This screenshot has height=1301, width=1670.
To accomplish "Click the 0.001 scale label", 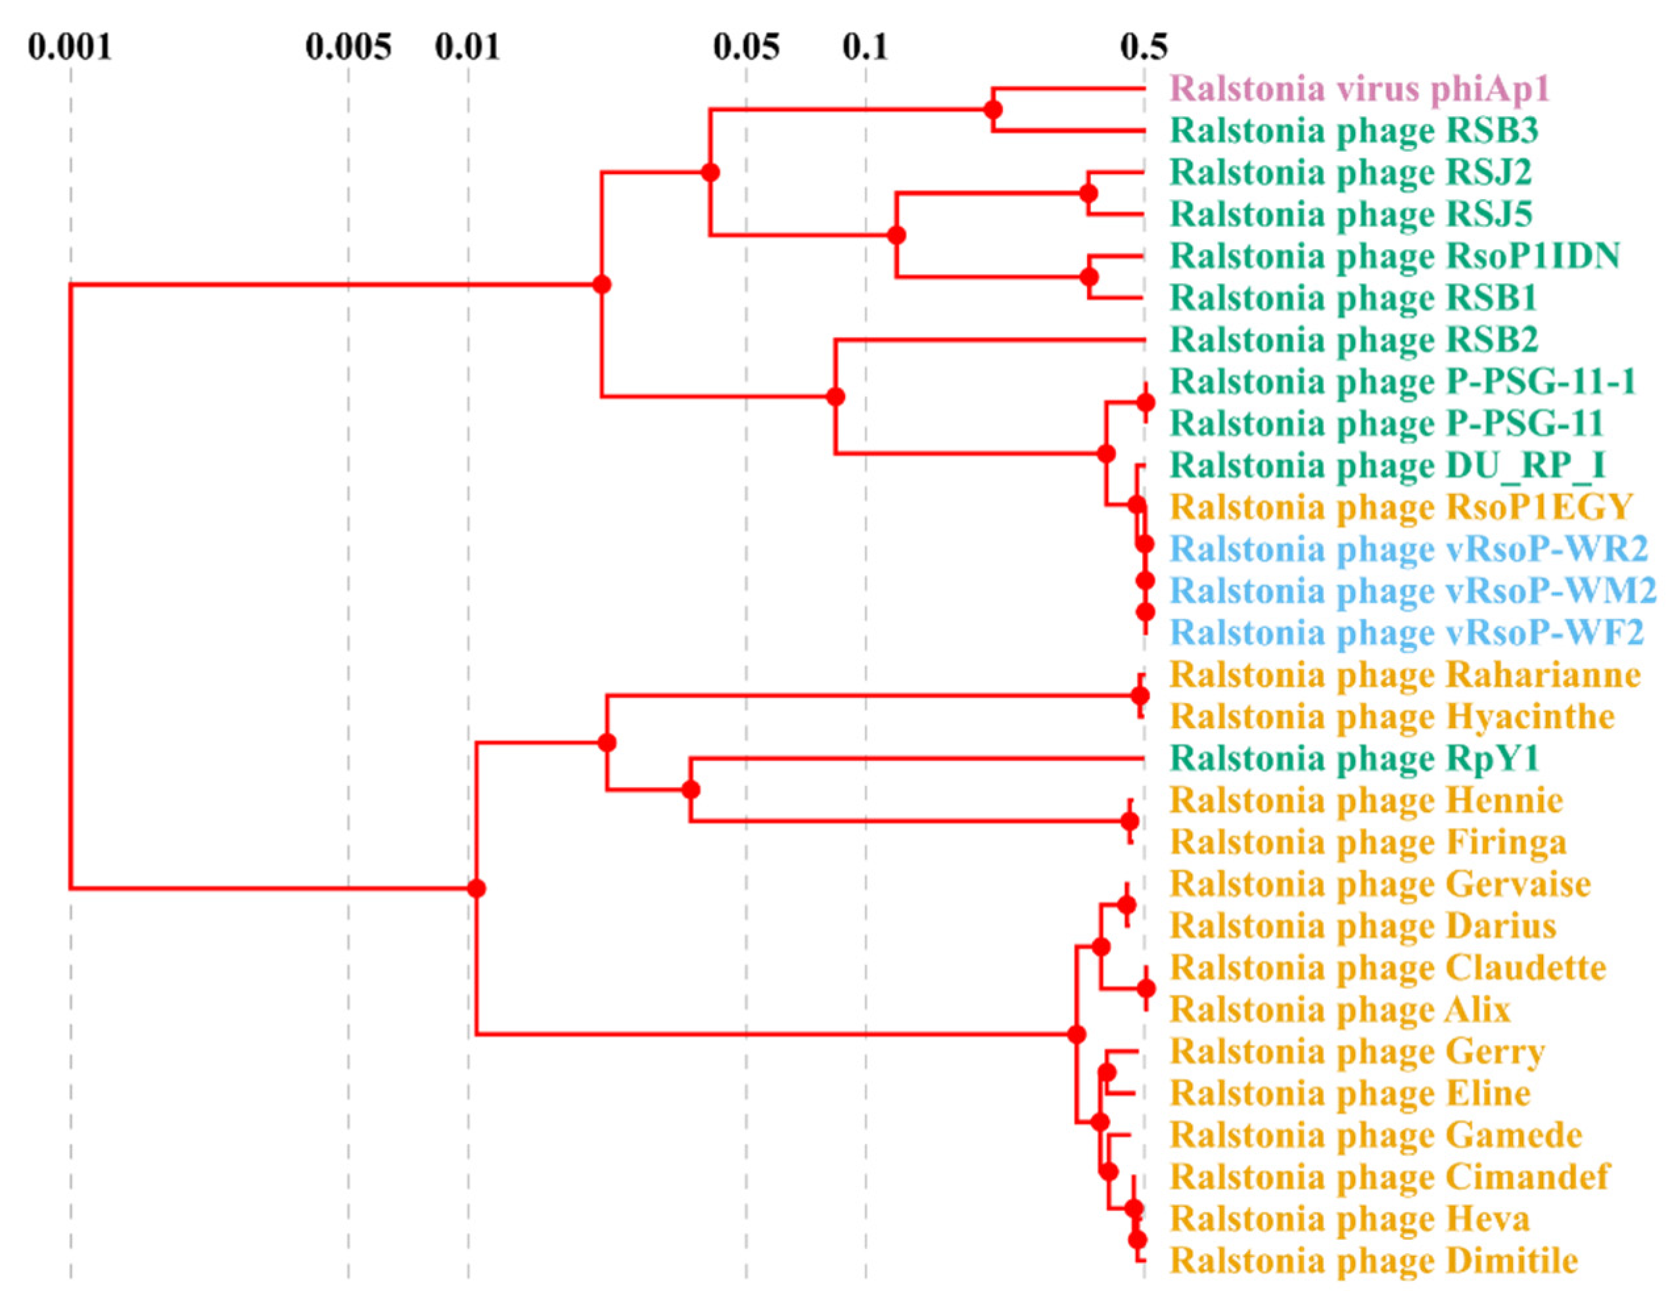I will coord(70,48).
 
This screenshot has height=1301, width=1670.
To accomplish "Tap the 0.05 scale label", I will coord(747,48).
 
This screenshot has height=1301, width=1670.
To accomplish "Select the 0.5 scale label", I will coord(1144,48).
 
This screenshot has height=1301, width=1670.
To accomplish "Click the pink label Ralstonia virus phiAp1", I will coord(1360,89).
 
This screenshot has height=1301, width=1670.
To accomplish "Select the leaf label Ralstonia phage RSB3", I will coord(1351,131).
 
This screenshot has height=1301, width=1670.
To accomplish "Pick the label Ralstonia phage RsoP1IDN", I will coord(1395,256).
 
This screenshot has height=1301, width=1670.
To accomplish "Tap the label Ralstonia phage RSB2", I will coord(1353,340).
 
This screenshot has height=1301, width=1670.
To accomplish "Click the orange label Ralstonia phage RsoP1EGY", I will coord(1401,507).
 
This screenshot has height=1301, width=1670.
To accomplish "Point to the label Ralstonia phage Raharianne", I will coord(1404,675).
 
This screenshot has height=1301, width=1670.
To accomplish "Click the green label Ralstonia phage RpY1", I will coord(1354,758).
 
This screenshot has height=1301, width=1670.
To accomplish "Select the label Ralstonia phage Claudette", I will coord(1388,968).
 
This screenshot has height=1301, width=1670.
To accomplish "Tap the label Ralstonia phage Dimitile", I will coord(1374,1260).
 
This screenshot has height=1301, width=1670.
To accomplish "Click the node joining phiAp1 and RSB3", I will coord(992,109).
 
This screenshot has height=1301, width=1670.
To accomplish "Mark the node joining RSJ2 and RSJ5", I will coord(1089,193).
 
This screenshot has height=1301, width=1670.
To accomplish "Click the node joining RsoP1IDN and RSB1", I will coord(1089,277).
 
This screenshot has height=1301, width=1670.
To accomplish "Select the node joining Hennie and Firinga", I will coord(1129,821).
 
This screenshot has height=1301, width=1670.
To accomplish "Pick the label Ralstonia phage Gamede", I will coord(1376,1135).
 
